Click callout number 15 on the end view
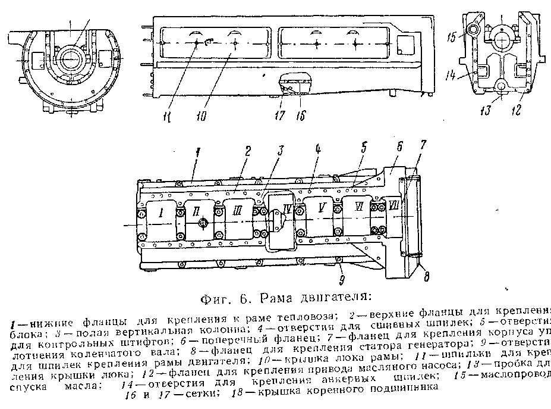tap(452, 37)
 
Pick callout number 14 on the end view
tap(452, 76)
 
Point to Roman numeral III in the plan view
tap(237, 210)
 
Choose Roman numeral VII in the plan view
tap(394, 207)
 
